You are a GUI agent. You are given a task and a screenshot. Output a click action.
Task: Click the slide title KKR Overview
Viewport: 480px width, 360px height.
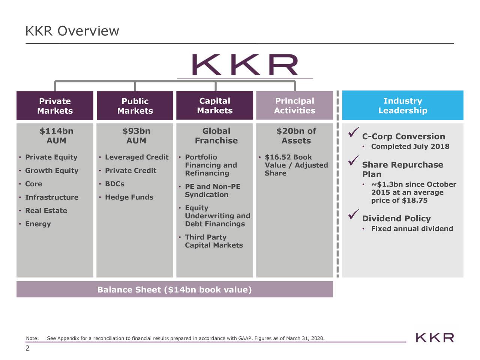pos(72,31)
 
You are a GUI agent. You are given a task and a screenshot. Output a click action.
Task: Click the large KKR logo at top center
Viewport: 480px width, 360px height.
pos(245,65)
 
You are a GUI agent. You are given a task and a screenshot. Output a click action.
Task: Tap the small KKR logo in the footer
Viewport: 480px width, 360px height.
pos(435,337)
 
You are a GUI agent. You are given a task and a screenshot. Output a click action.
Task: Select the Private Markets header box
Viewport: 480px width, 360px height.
pos(55,106)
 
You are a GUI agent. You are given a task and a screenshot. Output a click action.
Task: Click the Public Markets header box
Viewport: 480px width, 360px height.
pos(135,106)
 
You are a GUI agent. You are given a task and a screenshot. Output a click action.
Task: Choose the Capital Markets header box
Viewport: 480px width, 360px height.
pos(214,105)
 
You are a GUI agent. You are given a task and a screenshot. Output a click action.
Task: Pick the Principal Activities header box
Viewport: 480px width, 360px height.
pos(294,105)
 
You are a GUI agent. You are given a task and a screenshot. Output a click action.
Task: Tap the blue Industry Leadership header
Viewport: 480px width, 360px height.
pos(402,105)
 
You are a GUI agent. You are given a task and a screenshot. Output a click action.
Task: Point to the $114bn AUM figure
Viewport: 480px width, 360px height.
pos(56,136)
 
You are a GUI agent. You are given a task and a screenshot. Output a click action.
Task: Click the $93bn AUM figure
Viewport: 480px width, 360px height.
pos(136,136)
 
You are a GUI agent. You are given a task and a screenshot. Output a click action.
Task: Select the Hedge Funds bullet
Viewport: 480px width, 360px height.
pos(129,197)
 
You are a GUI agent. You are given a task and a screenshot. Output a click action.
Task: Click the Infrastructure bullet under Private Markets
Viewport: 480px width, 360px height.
pos(52,197)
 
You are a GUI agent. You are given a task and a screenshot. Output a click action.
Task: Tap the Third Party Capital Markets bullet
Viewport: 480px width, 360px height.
pos(214,241)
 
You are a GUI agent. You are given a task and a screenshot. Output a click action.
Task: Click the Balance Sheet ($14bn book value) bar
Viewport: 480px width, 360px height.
pos(174,289)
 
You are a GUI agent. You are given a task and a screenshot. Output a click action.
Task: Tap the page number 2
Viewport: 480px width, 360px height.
pos(27,348)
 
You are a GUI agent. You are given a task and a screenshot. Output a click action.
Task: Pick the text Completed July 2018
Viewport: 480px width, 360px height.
pos(410,147)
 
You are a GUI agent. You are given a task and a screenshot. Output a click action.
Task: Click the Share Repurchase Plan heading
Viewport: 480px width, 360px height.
pos(402,169)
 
